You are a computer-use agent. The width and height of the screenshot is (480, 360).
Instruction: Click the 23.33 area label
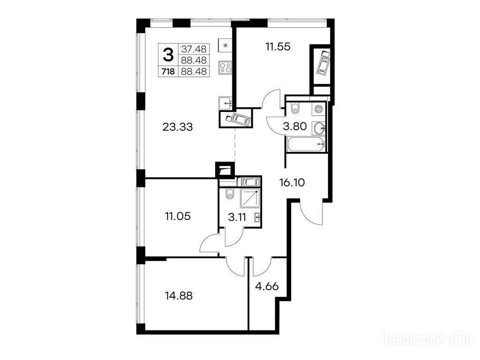[x=178, y=127]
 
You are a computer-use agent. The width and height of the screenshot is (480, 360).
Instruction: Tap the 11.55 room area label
[x=278, y=47]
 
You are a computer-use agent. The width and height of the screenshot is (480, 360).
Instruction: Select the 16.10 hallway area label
[x=292, y=183]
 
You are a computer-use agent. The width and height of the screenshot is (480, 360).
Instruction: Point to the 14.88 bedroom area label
[x=179, y=296]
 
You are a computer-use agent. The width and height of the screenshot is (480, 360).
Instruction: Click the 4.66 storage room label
[x=267, y=286]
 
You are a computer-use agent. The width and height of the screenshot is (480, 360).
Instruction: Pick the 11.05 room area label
[x=178, y=217]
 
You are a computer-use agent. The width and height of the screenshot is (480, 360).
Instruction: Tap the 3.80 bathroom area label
[x=295, y=126]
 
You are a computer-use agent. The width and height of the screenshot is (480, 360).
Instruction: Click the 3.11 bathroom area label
[x=237, y=217]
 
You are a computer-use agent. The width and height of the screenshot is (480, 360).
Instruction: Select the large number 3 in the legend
[x=168, y=55]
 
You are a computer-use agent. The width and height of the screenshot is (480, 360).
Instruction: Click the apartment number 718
[x=168, y=72]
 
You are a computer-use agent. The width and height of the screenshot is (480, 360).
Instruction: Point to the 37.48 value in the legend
[x=194, y=49]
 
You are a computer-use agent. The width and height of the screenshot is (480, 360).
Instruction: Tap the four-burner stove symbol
[x=225, y=67]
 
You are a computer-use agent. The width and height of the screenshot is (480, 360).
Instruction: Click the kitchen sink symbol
[x=225, y=102]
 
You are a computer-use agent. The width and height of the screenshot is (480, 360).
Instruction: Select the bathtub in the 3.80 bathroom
[x=306, y=144]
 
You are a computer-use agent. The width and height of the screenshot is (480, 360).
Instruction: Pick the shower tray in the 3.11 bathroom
[x=250, y=198]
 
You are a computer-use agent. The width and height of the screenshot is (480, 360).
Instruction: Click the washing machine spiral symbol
[x=318, y=109]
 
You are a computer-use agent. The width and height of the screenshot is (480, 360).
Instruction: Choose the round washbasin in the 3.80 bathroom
[x=319, y=128]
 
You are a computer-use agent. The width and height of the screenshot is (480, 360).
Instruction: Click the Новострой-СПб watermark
[x=427, y=339]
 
